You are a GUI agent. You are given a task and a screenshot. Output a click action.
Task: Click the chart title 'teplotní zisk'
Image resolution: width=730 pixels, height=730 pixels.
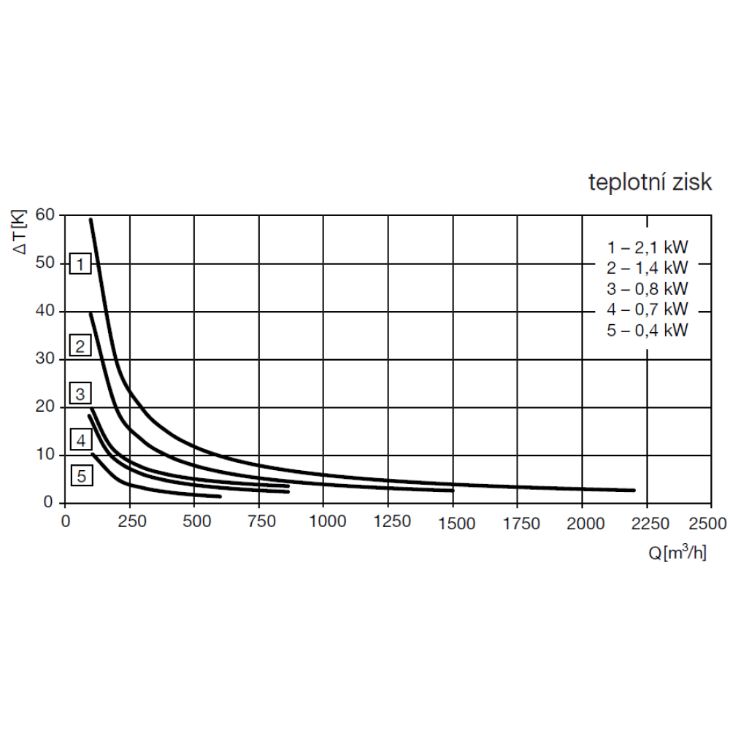click(x=650, y=182)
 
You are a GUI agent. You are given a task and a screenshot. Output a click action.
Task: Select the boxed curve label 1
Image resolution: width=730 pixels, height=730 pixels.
click(x=80, y=264)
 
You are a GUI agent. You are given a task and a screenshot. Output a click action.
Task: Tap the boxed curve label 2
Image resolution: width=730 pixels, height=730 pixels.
click(x=80, y=345)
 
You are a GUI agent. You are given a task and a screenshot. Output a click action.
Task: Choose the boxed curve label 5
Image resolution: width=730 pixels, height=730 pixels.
click(x=82, y=477)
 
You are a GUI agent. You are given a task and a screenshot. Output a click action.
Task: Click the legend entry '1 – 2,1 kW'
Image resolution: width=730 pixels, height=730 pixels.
click(x=648, y=246)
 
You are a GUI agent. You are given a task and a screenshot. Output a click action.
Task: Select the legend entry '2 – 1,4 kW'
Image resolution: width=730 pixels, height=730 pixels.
click(x=648, y=267)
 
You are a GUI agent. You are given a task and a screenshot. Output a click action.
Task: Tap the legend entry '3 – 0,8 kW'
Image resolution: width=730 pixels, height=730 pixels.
click(x=648, y=288)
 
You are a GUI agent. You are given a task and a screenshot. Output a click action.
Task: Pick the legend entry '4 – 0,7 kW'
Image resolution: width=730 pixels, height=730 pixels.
click(x=648, y=309)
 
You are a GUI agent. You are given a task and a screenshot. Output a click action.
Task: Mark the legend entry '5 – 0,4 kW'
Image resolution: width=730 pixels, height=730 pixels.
click(x=648, y=330)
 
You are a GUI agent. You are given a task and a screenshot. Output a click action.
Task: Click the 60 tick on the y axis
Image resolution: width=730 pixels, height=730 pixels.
click(x=45, y=215)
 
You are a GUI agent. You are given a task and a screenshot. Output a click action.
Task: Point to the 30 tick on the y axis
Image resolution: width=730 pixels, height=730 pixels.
click(x=45, y=359)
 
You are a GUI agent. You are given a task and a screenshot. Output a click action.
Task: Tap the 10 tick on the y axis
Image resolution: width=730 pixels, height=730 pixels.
click(x=45, y=455)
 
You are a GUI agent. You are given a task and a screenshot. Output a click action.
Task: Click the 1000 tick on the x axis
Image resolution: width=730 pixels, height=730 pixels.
click(x=323, y=523)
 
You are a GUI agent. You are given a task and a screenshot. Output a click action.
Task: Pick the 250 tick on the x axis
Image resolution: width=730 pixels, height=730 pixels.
click(x=129, y=523)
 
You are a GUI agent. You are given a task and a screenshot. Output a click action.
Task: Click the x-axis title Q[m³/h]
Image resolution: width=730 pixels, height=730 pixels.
click(x=677, y=553)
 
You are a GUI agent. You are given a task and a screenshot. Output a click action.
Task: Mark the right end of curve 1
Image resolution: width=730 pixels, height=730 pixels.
click(x=634, y=491)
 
